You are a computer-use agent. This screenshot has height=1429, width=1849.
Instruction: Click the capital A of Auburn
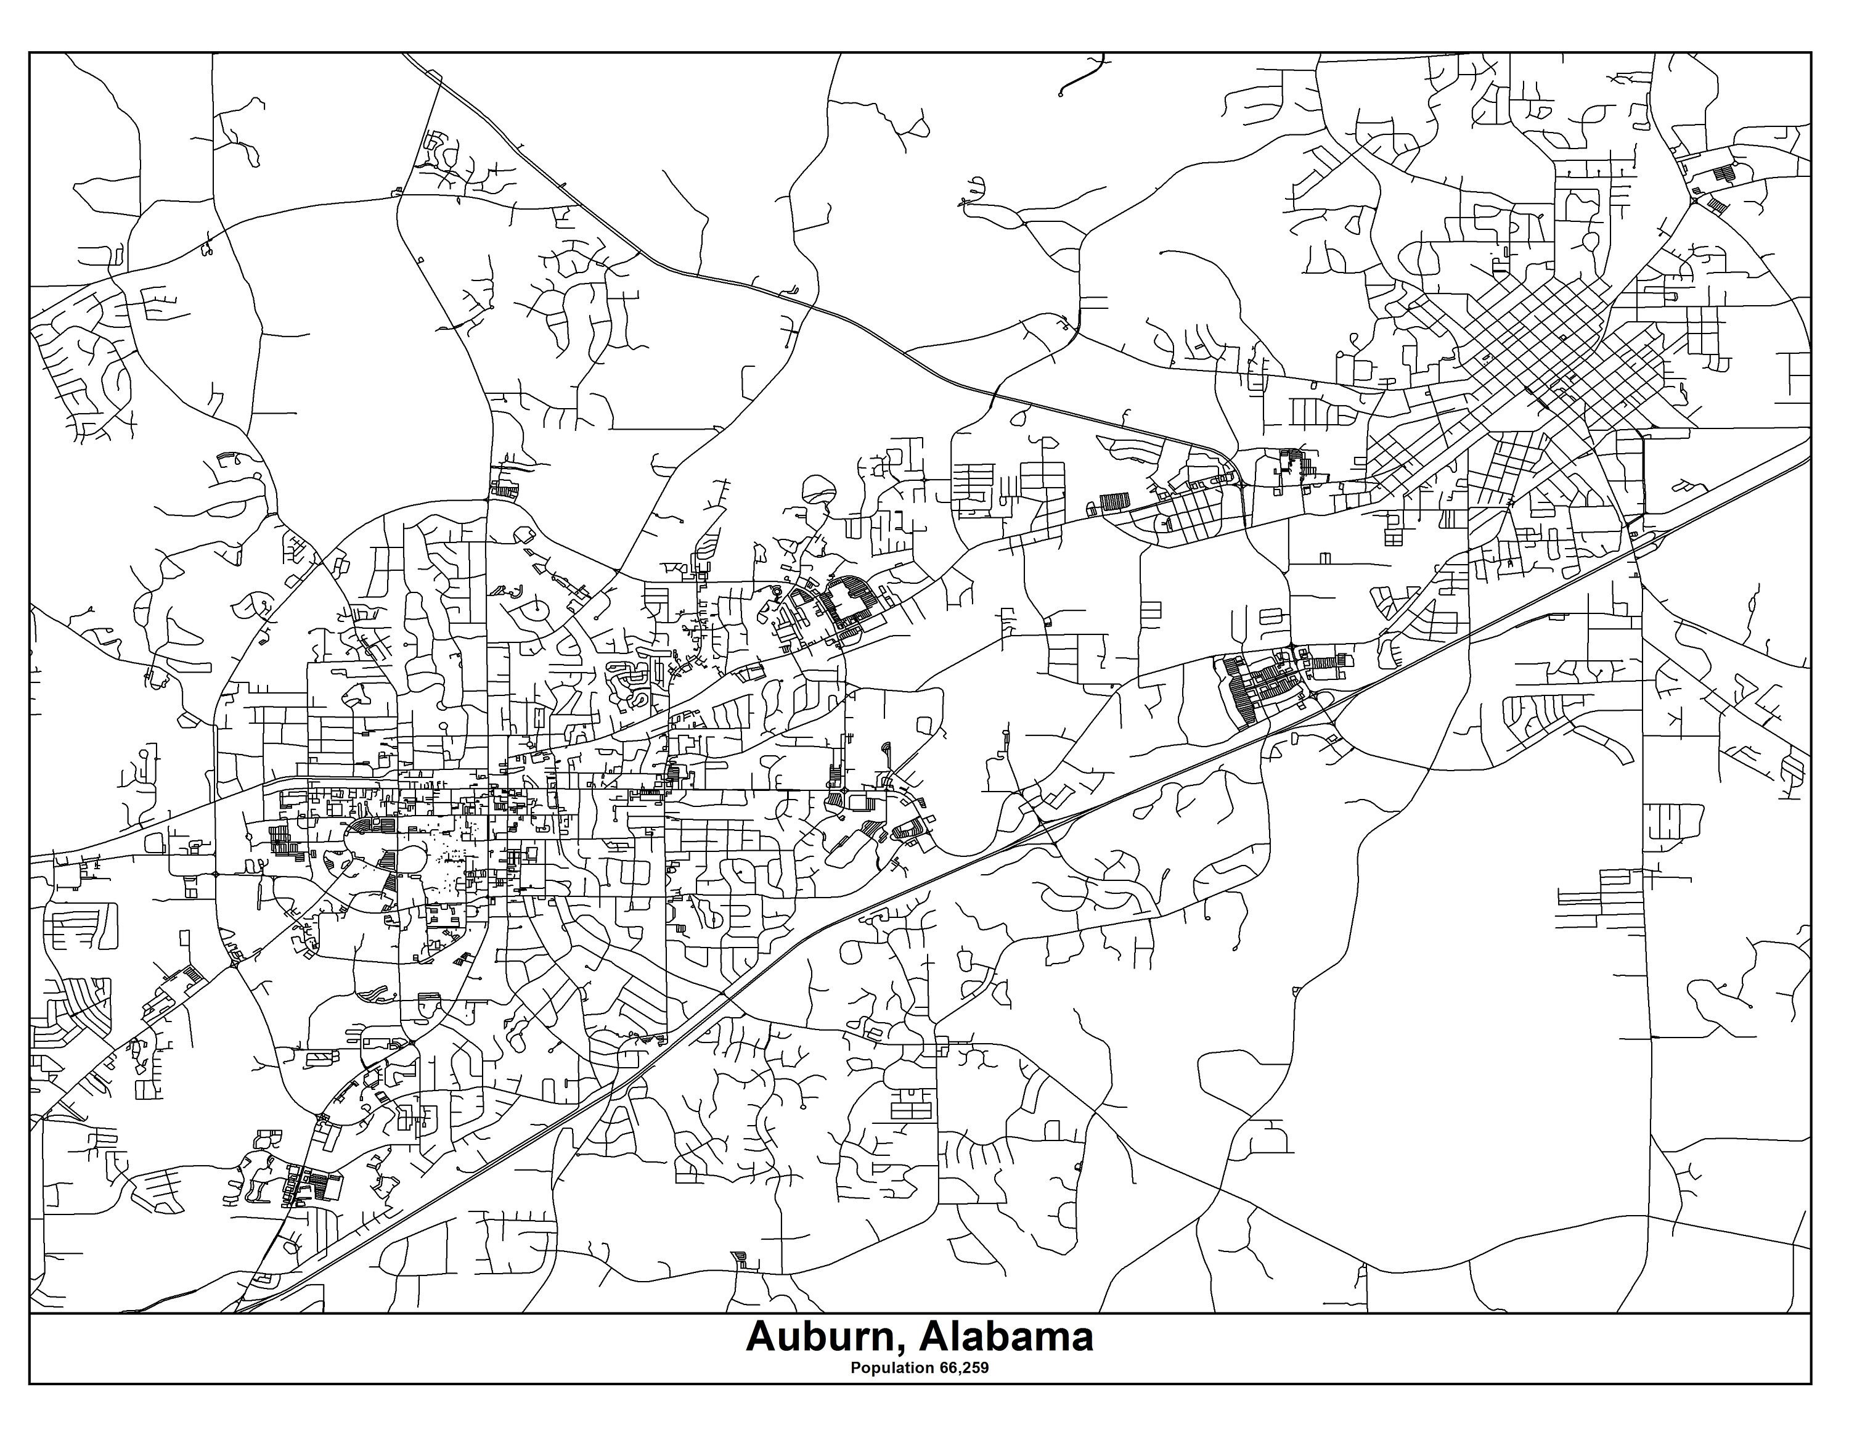[761, 1338]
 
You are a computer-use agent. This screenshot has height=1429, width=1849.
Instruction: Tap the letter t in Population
[904, 1368]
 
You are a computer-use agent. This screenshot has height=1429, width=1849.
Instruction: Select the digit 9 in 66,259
[985, 1368]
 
